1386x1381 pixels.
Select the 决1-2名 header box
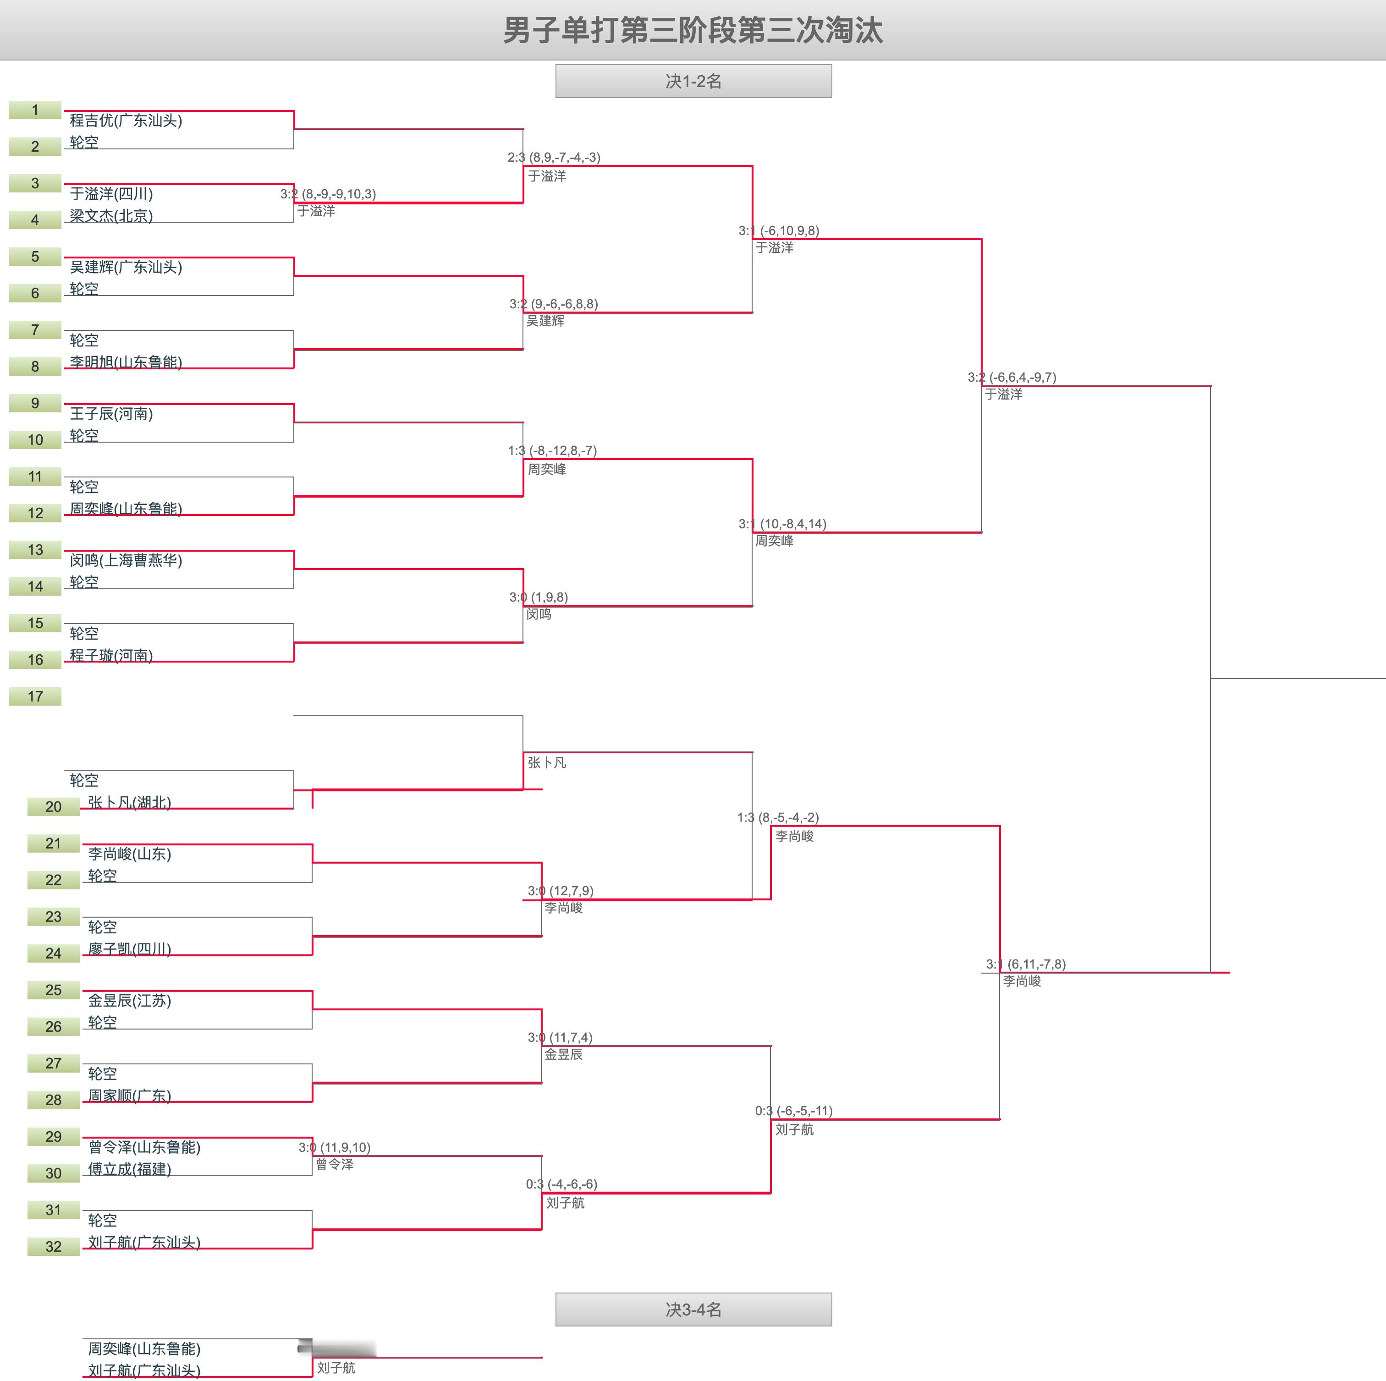point(693,81)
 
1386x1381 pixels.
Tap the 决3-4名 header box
point(693,1310)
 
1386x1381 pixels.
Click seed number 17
point(35,696)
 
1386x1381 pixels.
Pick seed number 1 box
point(35,110)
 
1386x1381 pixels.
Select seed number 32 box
point(53,1246)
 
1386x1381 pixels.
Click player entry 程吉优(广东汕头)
point(126,121)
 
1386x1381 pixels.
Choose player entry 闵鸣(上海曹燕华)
point(126,560)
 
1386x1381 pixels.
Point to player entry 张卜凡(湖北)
point(129,802)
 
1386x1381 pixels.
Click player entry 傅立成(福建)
point(129,1169)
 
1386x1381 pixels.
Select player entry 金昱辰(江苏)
point(129,1000)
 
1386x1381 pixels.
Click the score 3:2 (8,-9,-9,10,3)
point(328,194)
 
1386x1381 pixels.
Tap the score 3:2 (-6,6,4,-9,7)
point(1012,377)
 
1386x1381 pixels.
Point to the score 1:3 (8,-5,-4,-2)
point(778,817)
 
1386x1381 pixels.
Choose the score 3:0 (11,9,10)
point(334,1147)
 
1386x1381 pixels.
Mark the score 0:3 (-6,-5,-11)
point(793,1111)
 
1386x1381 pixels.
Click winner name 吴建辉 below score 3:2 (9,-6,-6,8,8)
point(545,321)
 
